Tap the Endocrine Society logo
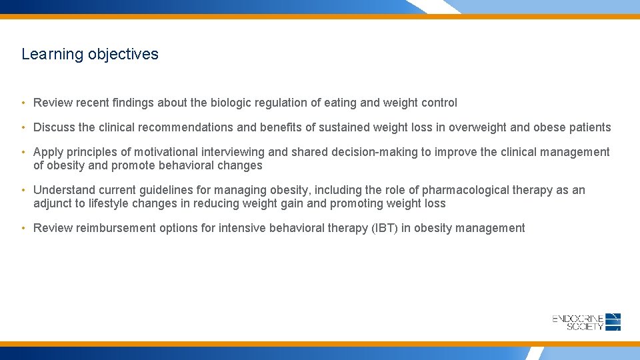586,322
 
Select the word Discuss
53,127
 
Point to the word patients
589,127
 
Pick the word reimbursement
116,228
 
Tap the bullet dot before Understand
23,190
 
